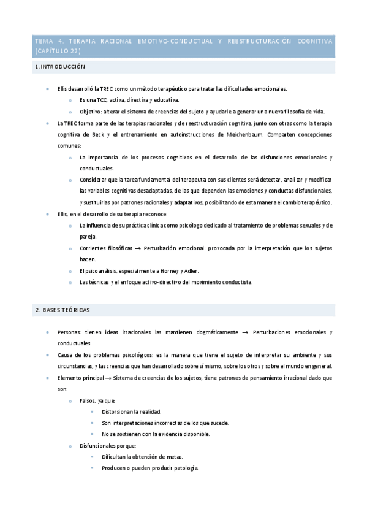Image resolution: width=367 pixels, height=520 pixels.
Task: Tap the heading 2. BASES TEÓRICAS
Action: [x=63, y=310]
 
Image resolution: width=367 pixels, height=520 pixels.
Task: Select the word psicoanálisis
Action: [x=108, y=270]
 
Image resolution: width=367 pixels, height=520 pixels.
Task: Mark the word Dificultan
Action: [x=115, y=457]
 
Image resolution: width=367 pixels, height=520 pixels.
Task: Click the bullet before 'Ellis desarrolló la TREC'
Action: [x=48, y=89]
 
